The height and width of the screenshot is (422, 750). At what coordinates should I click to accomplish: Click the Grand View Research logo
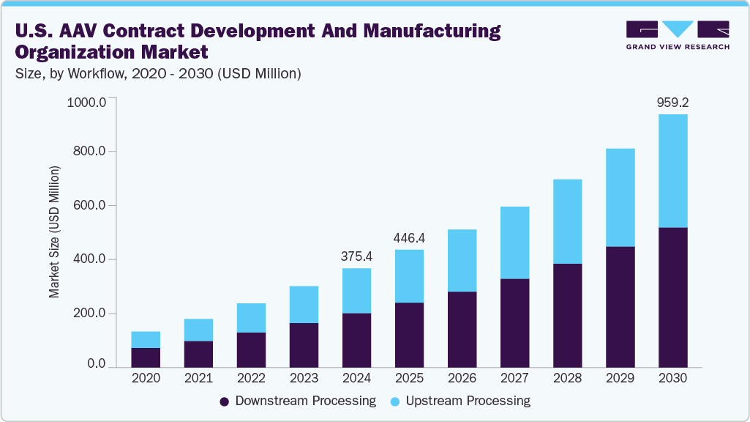pos(677,34)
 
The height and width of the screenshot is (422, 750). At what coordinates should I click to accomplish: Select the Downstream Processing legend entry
pos(298,401)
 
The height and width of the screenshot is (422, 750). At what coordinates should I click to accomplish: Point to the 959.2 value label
pos(672,103)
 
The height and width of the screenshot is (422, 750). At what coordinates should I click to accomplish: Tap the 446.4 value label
pos(409,238)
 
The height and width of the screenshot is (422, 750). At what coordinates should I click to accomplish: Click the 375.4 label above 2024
pos(356,256)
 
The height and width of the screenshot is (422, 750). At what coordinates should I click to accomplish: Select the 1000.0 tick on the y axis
pos(86,101)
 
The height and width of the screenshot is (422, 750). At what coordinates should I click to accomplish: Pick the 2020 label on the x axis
pos(146,378)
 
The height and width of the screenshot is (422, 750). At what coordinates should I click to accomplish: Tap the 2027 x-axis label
pos(514,378)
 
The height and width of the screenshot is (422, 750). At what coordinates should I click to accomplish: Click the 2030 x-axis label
pos(672,378)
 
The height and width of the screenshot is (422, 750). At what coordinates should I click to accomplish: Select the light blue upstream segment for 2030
pos(672,171)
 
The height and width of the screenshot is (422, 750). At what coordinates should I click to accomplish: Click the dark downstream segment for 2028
pos(567,315)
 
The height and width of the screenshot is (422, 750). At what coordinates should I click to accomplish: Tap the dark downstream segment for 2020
pos(146,357)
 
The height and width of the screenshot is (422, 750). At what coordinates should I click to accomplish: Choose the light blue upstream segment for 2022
pos(251,318)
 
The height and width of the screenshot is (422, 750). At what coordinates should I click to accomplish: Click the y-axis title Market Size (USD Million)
pos(55,232)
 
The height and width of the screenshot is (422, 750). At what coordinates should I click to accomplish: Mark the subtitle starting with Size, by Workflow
pos(158,73)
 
